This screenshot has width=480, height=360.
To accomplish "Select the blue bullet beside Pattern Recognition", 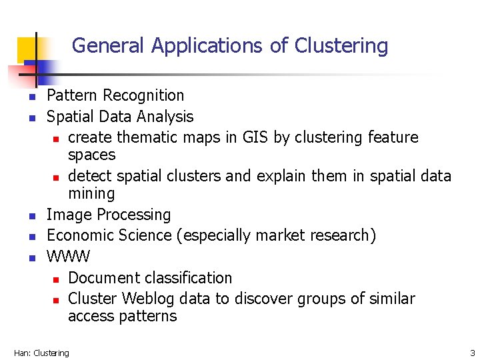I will click(31, 98).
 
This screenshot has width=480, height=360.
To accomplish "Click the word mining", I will click(91, 194).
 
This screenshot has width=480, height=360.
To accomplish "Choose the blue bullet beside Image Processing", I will click(31, 217).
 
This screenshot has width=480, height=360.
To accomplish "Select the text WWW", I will click(68, 257).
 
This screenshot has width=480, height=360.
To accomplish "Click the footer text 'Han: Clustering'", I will click(41, 353).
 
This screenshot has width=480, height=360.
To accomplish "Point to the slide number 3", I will click(472, 353).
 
